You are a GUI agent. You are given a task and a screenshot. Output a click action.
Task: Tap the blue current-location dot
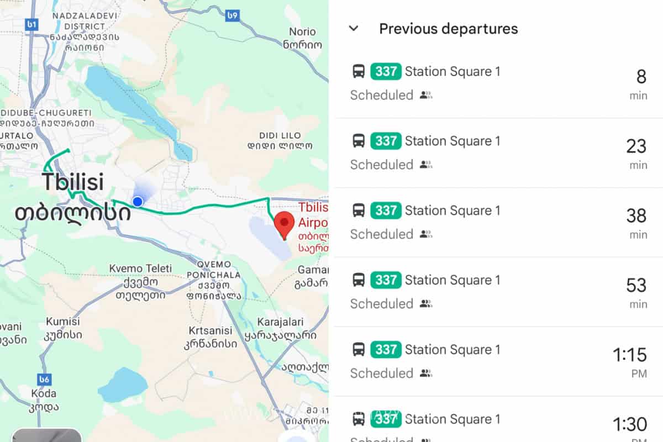(138, 202)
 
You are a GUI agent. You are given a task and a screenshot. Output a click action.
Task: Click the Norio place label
(302, 38)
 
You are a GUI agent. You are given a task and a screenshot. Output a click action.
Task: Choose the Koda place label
(44, 400)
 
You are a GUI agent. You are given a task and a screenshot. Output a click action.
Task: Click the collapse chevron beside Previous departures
(354, 28)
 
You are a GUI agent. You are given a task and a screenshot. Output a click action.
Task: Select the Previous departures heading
(448, 29)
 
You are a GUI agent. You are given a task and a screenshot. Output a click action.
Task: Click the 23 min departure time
(636, 152)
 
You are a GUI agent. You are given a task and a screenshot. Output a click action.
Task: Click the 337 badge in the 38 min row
(386, 211)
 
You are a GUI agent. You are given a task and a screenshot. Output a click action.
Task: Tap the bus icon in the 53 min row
(359, 280)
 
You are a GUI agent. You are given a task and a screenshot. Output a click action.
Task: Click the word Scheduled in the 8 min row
(382, 95)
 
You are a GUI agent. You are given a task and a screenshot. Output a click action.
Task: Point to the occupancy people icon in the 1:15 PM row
(425, 373)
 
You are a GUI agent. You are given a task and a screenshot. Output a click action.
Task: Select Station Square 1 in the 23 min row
(452, 141)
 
